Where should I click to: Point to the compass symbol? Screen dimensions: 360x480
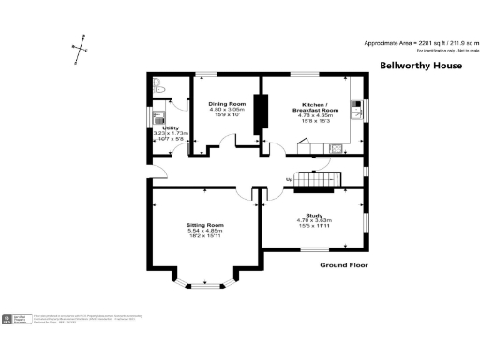tap(82, 44)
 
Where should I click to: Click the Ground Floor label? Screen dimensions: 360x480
tap(342, 265)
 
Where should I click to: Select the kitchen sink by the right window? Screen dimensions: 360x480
tap(358, 106)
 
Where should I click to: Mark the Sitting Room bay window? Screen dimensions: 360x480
tap(203, 286)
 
